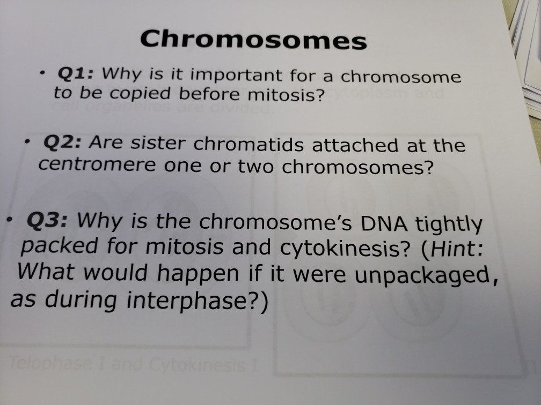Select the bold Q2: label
[62, 142]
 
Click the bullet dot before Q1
[41, 73]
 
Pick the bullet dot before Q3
[10, 220]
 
